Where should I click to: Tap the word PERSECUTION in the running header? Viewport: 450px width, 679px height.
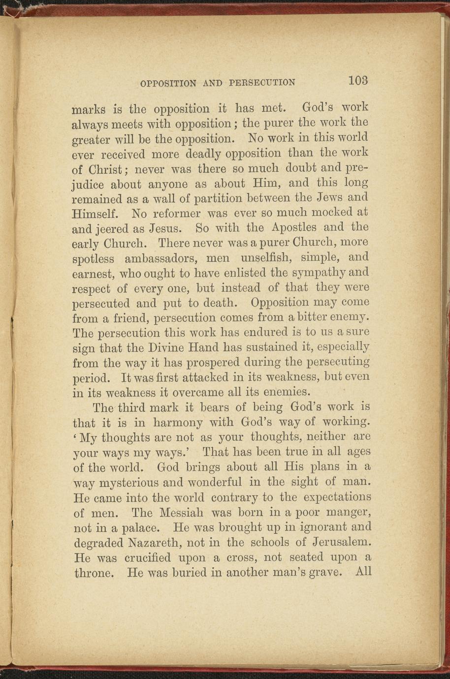click(x=262, y=82)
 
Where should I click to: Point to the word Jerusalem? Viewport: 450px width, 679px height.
click(x=342, y=542)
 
